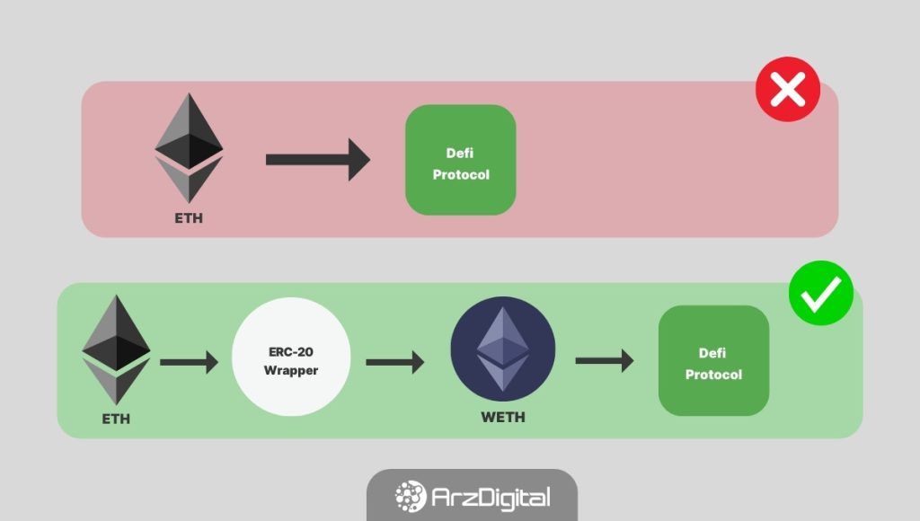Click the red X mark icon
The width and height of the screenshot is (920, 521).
(788, 89)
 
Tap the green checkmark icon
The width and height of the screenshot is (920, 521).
(821, 293)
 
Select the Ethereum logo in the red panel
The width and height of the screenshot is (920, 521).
(189, 148)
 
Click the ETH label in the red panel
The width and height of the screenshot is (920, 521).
(189, 218)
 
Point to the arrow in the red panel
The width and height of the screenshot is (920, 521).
(317, 160)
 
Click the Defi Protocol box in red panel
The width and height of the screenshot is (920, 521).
(461, 160)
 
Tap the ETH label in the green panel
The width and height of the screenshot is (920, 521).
(116, 419)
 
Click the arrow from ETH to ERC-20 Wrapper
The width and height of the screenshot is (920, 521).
(189, 362)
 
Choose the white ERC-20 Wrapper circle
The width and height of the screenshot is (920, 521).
(291, 361)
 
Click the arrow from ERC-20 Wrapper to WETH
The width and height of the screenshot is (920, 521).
(394, 362)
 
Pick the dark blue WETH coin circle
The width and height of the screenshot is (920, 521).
(503, 349)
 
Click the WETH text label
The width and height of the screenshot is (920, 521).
(503, 417)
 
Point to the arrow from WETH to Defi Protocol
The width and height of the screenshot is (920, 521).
(604, 361)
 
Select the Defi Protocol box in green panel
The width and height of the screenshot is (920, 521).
(713, 361)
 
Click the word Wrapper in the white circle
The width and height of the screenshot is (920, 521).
(291, 370)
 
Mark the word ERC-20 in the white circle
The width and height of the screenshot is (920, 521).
(291, 351)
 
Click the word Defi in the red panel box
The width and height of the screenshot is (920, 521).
(460, 153)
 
